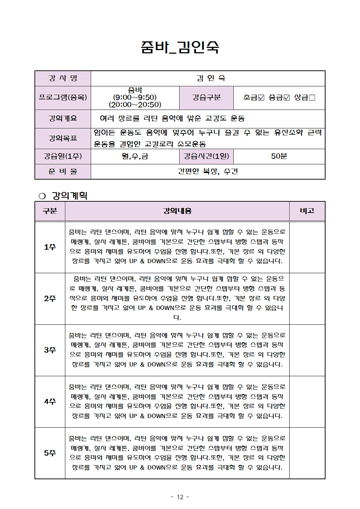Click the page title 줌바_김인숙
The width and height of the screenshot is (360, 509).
coord(180,47)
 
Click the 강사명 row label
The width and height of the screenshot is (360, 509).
coord(63,78)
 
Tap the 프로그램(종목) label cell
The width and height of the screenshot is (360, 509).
coord(63,97)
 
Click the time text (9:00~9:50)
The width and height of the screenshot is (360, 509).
coord(135,97)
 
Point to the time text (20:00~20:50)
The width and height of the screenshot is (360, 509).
coord(135,104)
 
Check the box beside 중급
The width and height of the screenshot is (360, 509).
coord(287,98)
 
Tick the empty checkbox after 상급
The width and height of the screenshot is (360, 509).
coord(312,98)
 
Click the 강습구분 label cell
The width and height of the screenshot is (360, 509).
coord(206,97)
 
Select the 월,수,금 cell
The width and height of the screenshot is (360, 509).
coord(135,156)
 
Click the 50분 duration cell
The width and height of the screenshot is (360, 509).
coord(279,156)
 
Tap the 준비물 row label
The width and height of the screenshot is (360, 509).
coord(63,171)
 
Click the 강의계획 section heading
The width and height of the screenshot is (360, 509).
coord(69,196)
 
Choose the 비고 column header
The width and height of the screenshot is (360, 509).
coord(307,211)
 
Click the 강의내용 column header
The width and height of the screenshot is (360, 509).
coord(177,211)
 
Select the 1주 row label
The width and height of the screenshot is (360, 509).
coord(50,247)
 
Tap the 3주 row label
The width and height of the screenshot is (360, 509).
coord(50,350)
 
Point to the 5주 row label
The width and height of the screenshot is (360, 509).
coord(50,453)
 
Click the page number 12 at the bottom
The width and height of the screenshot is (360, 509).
coord(180,497)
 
